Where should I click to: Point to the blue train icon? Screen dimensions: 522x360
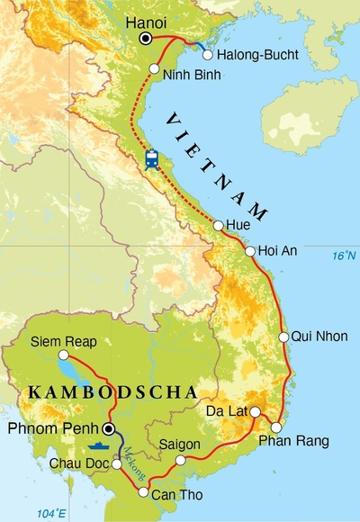(152, 159)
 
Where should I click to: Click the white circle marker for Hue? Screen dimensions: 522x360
(219, 225)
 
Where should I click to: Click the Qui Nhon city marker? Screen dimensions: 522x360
(283, 337)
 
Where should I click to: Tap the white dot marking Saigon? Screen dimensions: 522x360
(181, 460)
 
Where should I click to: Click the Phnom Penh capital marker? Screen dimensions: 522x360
(109, 428)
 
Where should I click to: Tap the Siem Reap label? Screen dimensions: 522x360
(58, 342)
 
